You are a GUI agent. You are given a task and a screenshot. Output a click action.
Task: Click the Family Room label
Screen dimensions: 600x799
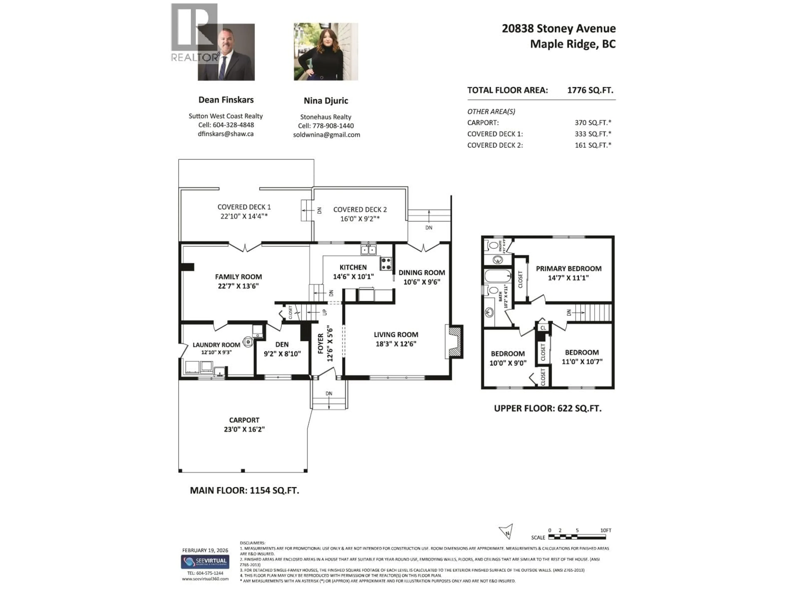point(238,277)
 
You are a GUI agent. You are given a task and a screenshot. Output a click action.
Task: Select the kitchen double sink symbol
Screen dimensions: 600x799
point(368,250)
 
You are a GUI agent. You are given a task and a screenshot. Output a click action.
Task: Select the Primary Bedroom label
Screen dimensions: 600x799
point(568,268)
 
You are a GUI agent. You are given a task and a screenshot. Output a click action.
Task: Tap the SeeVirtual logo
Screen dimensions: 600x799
point(205,562)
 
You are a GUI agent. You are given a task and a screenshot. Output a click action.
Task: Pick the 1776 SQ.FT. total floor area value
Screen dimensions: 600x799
point(590,90)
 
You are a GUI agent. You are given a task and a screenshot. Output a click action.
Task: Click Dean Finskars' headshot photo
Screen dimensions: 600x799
point(226,52)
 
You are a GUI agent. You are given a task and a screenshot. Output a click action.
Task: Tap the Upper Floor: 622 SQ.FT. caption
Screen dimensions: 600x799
point(548,408)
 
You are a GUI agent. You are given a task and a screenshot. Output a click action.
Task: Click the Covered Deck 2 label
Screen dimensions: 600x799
point(360,209)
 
